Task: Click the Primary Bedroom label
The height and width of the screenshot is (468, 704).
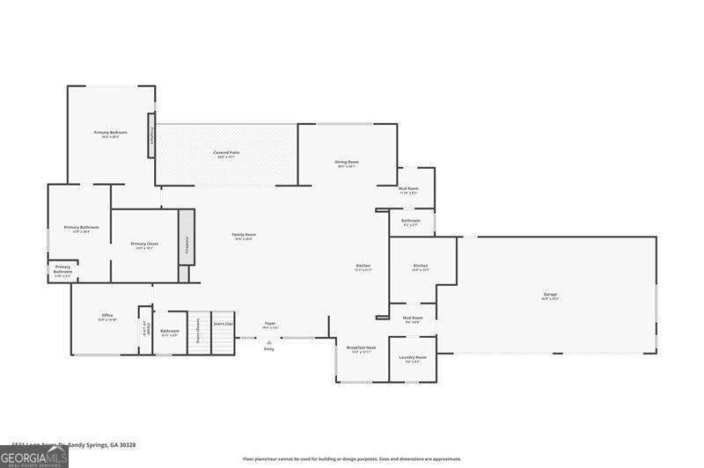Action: point(111,133)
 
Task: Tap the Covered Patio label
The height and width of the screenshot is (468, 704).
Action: point(227,153)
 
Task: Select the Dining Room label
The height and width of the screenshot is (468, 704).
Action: point(347,163)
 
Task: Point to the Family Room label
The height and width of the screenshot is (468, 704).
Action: point(244,235)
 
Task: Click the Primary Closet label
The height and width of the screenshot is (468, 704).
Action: point(144,245)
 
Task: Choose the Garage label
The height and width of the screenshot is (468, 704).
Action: point(550,295)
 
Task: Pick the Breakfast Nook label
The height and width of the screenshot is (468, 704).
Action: point(362,348)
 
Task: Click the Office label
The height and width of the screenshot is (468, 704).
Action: point(107,316)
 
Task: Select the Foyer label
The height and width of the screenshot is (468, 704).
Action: point(270,324)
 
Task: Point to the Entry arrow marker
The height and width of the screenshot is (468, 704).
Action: point(269,342)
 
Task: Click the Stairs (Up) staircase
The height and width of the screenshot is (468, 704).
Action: point(224,324)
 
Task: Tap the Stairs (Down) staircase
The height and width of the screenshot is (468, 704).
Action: point(199,333)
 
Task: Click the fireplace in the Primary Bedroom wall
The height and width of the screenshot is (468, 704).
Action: point(151,135)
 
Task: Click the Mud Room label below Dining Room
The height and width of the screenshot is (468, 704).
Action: point(408,189)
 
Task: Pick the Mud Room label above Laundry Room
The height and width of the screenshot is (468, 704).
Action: point(413,318)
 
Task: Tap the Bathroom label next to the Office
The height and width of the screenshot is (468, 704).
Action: point(169,332)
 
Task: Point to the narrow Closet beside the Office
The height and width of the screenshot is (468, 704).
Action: point(146,330)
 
